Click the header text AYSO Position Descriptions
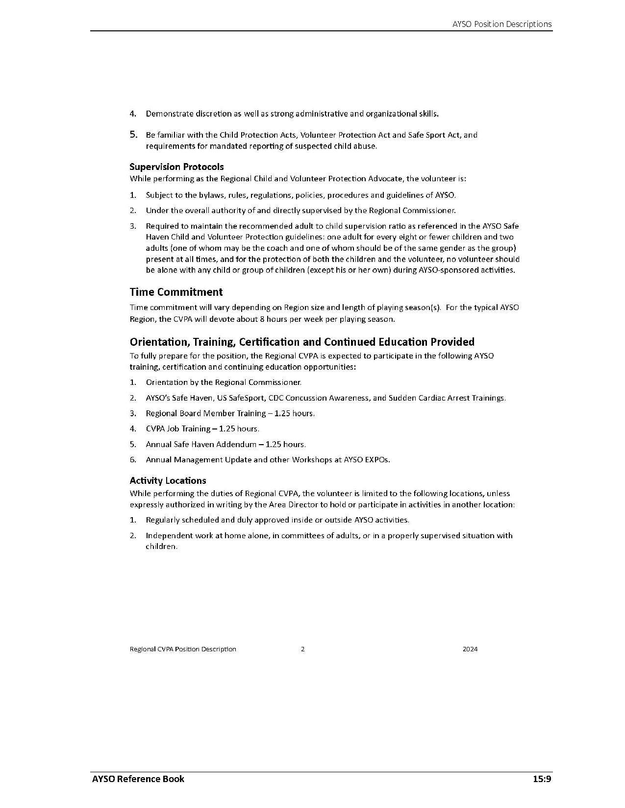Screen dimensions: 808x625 point(502,24)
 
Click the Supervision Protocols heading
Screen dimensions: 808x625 point(176,166)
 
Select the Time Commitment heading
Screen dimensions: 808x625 point(176,292)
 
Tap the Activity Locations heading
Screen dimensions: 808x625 point(168,480)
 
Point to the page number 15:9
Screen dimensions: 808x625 point(542,779)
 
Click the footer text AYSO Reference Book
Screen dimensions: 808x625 point(138,779)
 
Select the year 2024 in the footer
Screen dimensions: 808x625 point(470,649)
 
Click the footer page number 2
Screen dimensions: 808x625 point(302,649)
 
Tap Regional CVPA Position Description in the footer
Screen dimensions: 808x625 point(183,649)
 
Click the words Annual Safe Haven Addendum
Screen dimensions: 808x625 point(201,444)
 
